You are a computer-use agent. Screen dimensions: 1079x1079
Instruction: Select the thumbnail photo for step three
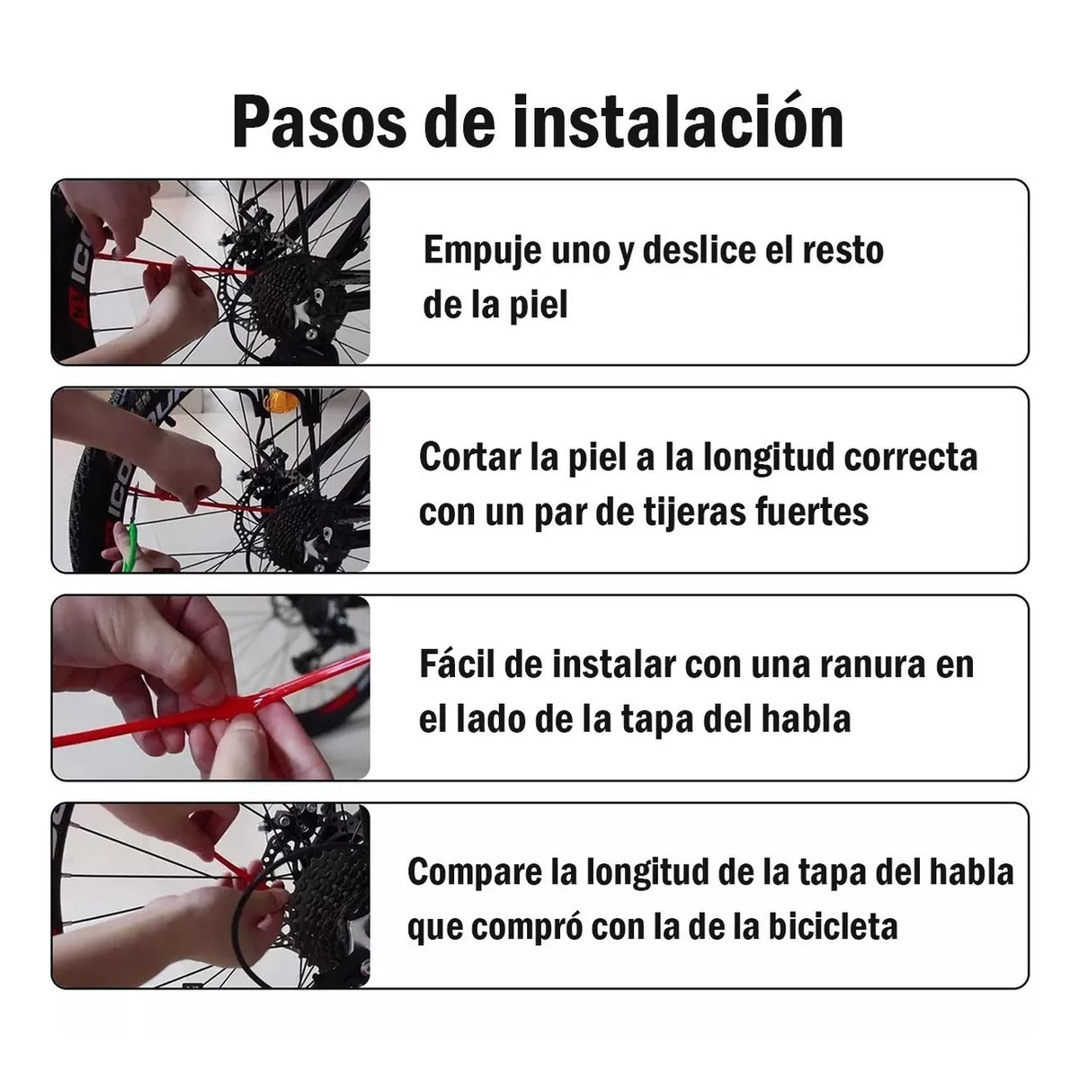[210, 687]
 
